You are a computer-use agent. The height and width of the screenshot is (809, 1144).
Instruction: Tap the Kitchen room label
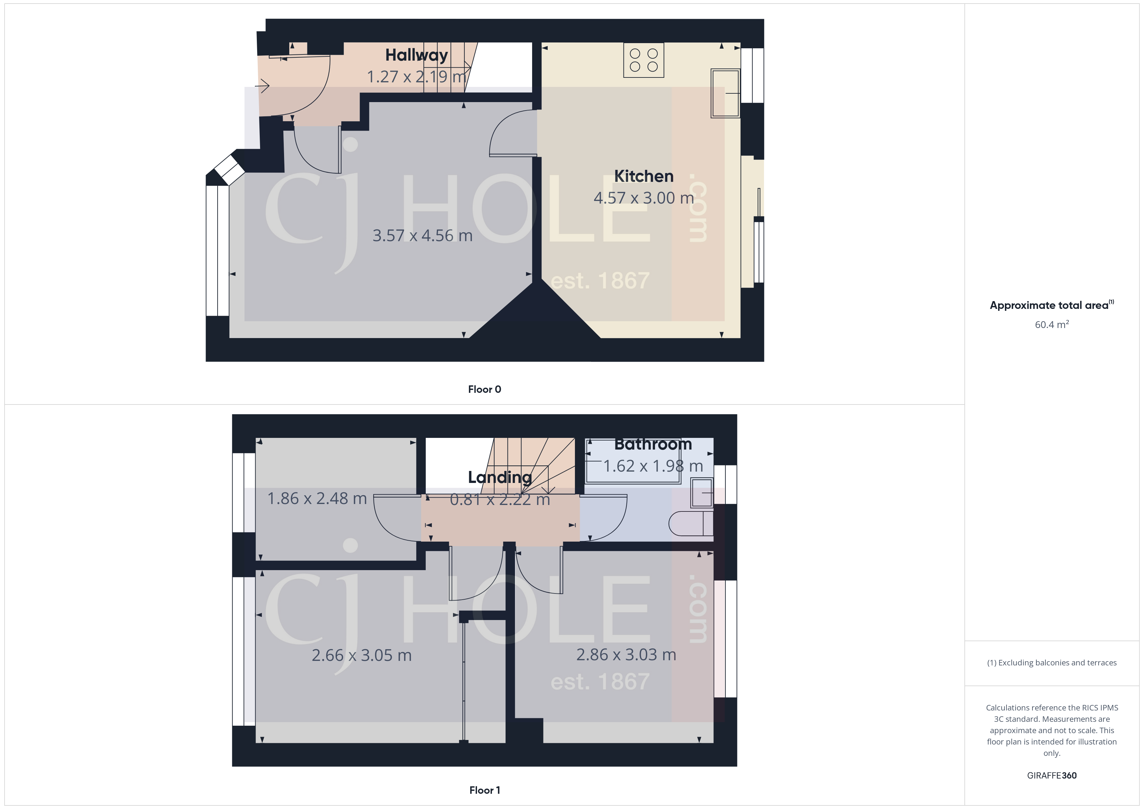point(643,176)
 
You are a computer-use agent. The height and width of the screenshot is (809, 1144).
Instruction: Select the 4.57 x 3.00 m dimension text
point(643,198)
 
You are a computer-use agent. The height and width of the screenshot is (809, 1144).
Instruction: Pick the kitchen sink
point(725,93)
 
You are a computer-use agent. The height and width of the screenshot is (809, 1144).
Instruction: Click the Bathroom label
point(653,444)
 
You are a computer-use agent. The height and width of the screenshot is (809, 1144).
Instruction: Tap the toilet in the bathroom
point(690,523)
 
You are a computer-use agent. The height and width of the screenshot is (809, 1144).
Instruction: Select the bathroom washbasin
point(702,492)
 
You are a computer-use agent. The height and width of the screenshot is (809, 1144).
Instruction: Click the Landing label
point(500,477)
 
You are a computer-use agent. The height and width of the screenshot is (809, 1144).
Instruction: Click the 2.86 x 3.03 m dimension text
point(626,655)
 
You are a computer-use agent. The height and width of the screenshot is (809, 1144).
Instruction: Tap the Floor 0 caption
point(484,389)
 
